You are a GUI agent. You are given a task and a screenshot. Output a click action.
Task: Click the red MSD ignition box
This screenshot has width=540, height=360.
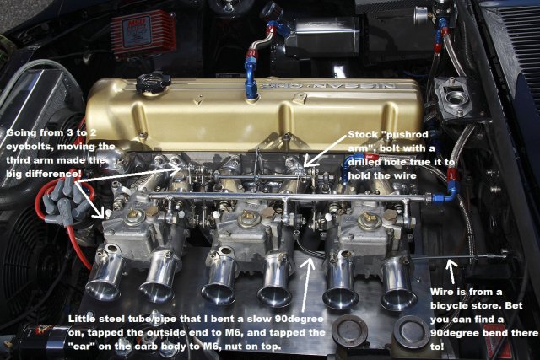143,33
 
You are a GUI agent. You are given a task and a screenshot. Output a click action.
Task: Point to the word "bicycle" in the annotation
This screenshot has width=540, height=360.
451,306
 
